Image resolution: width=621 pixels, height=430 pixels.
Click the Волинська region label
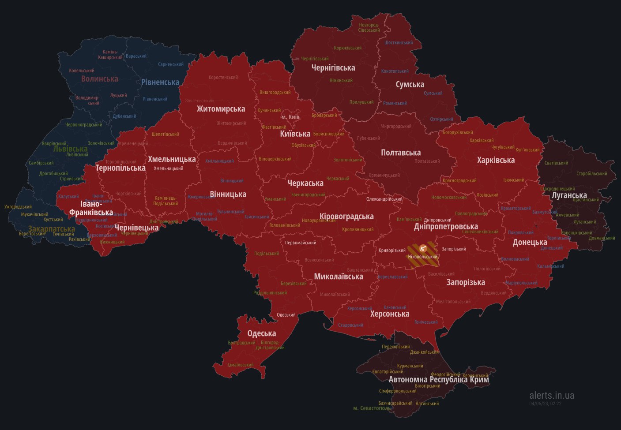click(100, 79)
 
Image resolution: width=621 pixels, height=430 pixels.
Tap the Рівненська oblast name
click(160, 82)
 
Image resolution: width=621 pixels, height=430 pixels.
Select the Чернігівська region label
click(333, 68)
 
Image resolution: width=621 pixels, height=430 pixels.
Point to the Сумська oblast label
click(410, 85)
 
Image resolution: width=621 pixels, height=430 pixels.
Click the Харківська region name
click(496, 161)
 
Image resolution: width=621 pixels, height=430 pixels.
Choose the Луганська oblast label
click(569, 195)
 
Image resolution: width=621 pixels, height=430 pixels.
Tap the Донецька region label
click(530, 243)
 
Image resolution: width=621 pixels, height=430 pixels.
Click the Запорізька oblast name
click(466, 283)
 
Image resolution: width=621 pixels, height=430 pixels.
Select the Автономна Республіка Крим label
click(439, 380)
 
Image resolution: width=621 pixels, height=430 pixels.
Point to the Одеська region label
click(262, 334)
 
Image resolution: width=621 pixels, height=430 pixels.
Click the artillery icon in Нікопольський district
click(423, 248)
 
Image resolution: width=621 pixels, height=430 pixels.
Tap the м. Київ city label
click(290, 117)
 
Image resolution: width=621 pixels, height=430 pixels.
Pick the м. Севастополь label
click(372, 408)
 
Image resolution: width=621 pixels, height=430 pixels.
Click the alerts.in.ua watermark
click(552, 396)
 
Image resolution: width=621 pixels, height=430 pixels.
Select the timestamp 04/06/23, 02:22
click(546, 404)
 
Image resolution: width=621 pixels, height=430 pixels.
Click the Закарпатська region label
click(52, 229)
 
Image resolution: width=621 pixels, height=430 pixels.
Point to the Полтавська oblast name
click(401, 153)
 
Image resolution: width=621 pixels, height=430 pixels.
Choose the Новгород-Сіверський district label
click(369, 28)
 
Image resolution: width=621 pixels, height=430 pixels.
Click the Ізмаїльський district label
click(241, 365)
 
